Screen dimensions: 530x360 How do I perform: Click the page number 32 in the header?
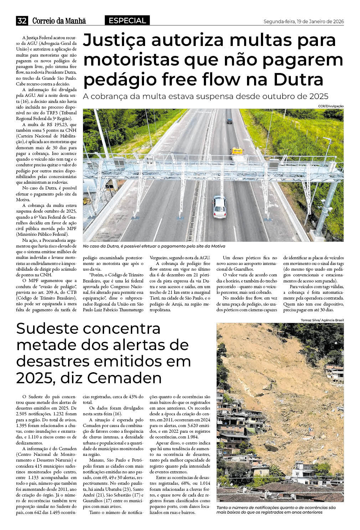click(x=22, y=21)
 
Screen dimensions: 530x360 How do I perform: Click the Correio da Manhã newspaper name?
click(x=59, y=21)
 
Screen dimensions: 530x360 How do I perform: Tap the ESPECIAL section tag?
click(x=127, y=21)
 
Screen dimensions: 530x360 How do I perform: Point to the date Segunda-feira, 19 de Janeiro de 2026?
click(x=303, y=21)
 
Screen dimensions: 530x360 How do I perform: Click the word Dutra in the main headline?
click(x=298, y=79)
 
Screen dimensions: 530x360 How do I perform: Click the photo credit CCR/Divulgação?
click(x=331, y=106)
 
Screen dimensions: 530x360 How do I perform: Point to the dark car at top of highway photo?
click(x=230, y=121)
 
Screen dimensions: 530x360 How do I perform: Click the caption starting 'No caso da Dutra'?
click(x=154, y=246)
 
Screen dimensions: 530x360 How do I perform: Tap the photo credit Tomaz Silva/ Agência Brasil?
click(x=323, y=320)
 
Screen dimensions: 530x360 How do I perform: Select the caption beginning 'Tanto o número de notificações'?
click(x=276, y=510)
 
